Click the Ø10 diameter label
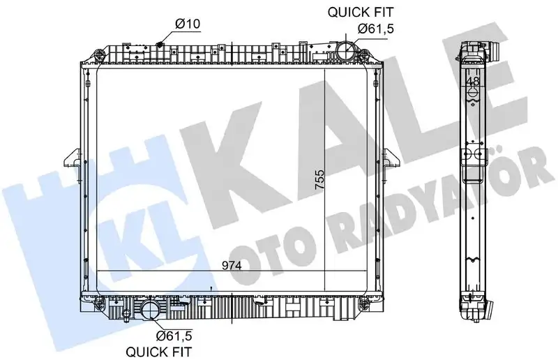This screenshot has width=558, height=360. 188,24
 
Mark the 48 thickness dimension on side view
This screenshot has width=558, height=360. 472,82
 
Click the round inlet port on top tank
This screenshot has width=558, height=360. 344,51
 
